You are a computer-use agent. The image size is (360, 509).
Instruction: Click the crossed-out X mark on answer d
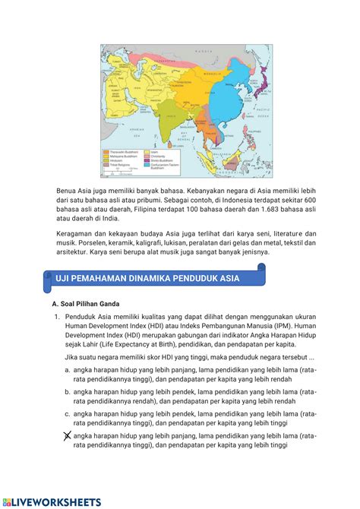pos(68,436)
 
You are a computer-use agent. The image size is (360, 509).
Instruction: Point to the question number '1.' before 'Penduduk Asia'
pos(57,317)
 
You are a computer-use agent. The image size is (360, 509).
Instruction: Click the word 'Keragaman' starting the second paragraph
pos(77,233)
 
